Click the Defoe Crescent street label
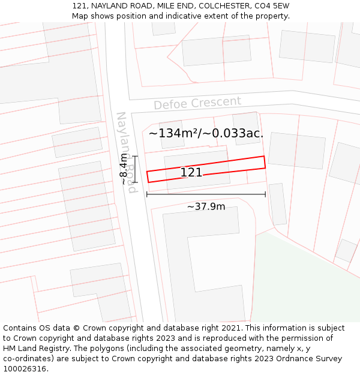point(197,103)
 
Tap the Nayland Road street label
point(127,152)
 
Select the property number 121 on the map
point(191,173)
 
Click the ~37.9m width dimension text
point(206,207)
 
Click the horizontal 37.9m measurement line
point(206,194)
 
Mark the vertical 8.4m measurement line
point(136,169)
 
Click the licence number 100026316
point(25,368)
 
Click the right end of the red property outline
point(264,163)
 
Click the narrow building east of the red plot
point(277,204)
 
